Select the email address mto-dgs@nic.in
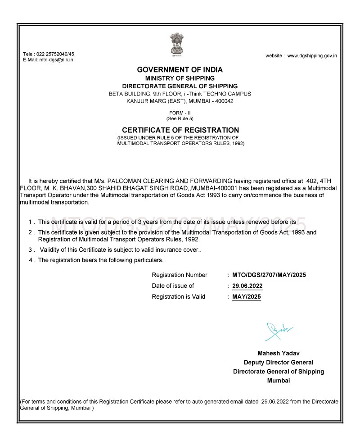(x=56, y=59)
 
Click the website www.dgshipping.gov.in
(x=312, y=56)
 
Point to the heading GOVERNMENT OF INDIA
(x=180, y=70)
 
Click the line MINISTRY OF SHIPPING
(x=180, y=78)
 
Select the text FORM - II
(x=180, y=112)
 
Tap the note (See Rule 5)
(x=180, y=118)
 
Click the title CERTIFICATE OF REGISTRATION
(x=180, y=130)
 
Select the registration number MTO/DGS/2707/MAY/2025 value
(x=269, y=275)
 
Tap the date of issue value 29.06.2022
(x=247, y=286)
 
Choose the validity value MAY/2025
(x=246, y=297)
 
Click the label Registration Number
(x=180, y=275)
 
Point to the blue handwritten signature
(x=278, y=331)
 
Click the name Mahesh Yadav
(x=279, y=353)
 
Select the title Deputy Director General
(x=279, y=362)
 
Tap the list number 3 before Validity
(x=30, y=250)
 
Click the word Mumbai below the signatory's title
(x=279, y=381)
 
